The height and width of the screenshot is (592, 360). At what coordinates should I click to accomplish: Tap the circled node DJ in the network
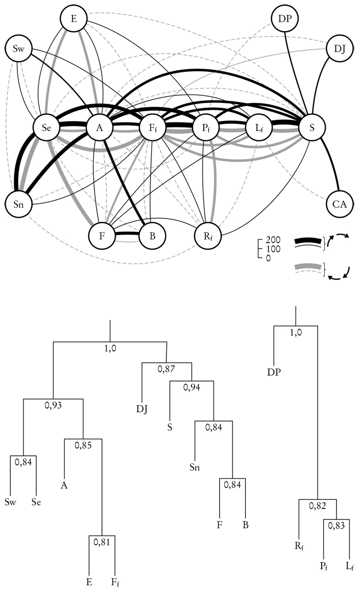(339, 50)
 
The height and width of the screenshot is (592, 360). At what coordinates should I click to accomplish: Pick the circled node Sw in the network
(19, 50)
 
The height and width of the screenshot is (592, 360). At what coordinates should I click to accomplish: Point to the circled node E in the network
(74, 19)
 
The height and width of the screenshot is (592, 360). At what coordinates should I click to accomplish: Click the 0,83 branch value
(336, 525)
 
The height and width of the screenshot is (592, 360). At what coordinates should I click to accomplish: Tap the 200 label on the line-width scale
(274, 240)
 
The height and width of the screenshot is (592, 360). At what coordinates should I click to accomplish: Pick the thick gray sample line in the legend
(309, 266)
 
